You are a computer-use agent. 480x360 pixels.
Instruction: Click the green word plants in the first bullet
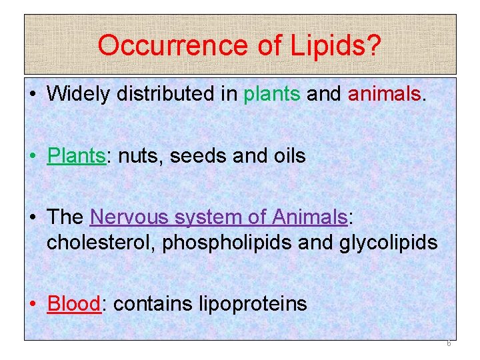tap(271, 95)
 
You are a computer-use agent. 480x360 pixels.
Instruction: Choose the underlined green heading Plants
tap(76, 156)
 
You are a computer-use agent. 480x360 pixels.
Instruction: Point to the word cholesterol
tap(102, 242)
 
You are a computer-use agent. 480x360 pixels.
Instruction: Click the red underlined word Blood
tap(73, 304)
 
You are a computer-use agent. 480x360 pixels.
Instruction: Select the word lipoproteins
tap(253, 304)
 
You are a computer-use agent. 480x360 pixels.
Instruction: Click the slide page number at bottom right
tap(448, 344)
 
